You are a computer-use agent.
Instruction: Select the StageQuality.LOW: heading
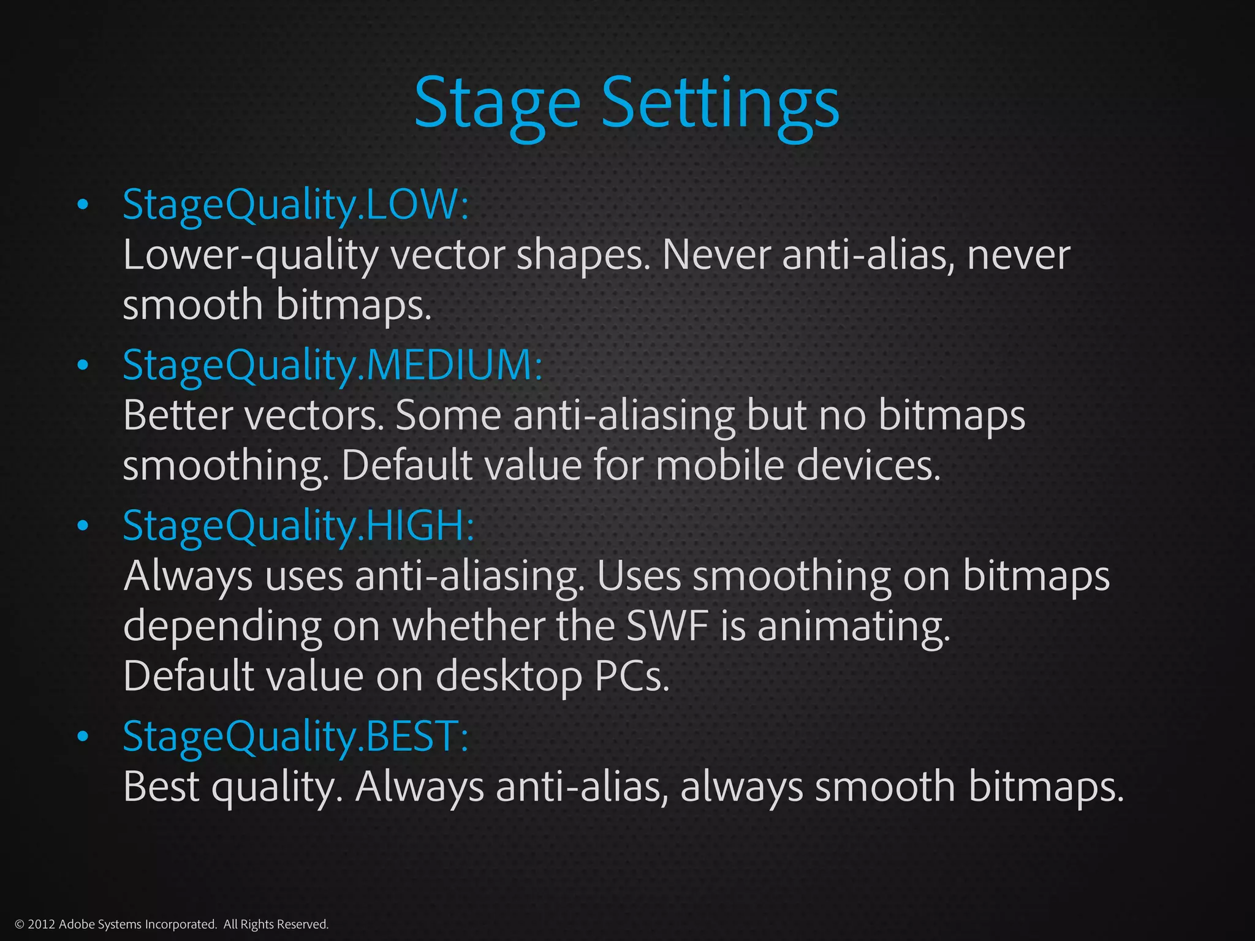coord(296,205)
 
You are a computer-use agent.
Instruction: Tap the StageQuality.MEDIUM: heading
coord(333,365)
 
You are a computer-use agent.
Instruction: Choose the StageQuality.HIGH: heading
coord(298,526)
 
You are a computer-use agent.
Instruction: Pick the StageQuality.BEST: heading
coord(296,736)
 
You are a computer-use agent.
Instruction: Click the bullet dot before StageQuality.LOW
coord(83,205)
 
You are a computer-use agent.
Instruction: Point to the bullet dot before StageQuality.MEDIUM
coord(83,366)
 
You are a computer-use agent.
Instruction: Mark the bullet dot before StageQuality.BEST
coord(83,736)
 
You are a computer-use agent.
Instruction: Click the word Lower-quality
coord(251,255)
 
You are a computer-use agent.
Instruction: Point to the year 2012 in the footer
coord(42,924)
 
